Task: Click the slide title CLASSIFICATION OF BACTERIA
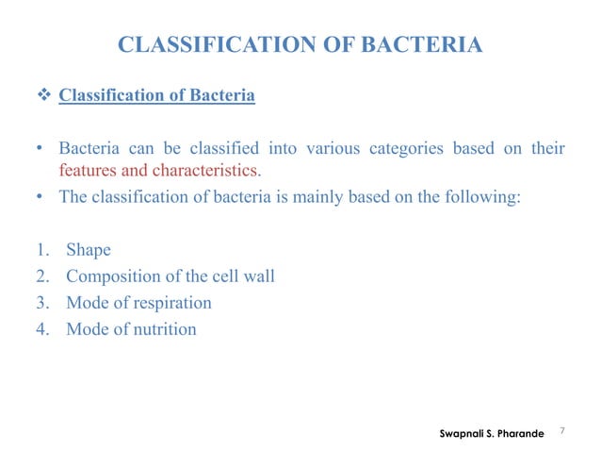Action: click(x=300, y=44)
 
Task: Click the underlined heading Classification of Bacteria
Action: click(x=156, y=96)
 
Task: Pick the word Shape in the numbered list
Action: click(x=89, y=251)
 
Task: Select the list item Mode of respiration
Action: click(x=138, y=303)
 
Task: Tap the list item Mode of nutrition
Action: click(x=131, y=329)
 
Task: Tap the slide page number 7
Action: click(x=561, y=431)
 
